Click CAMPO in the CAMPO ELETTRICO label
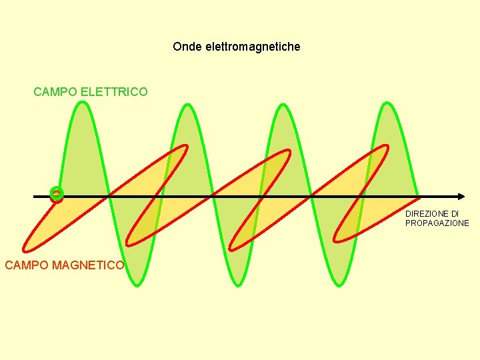pos(55,91)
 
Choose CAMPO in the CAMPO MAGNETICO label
pos(27,265)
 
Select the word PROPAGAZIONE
pos(437,223)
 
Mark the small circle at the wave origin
pos(57,195)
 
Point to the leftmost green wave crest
pos(81,103)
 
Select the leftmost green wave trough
pos(135,285)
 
